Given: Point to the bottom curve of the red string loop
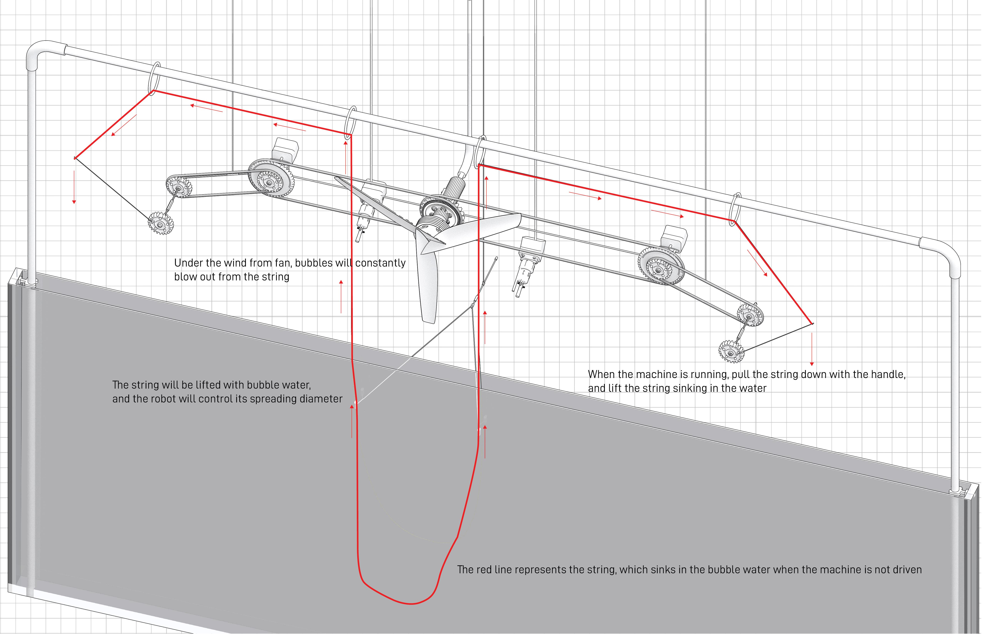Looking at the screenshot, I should [410, 603].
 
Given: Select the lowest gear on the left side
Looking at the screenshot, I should [160, 224].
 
